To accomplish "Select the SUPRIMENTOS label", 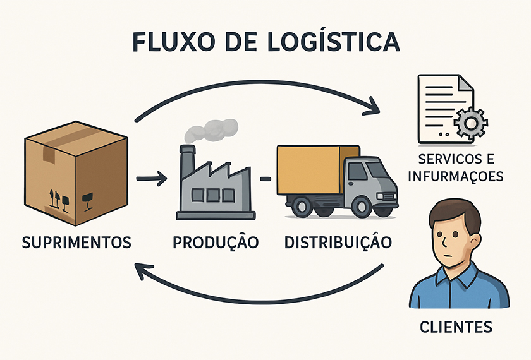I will tap(76, 242).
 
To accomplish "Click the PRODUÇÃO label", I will tap(214, 242).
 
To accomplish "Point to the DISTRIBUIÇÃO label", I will tap(338, 242).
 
